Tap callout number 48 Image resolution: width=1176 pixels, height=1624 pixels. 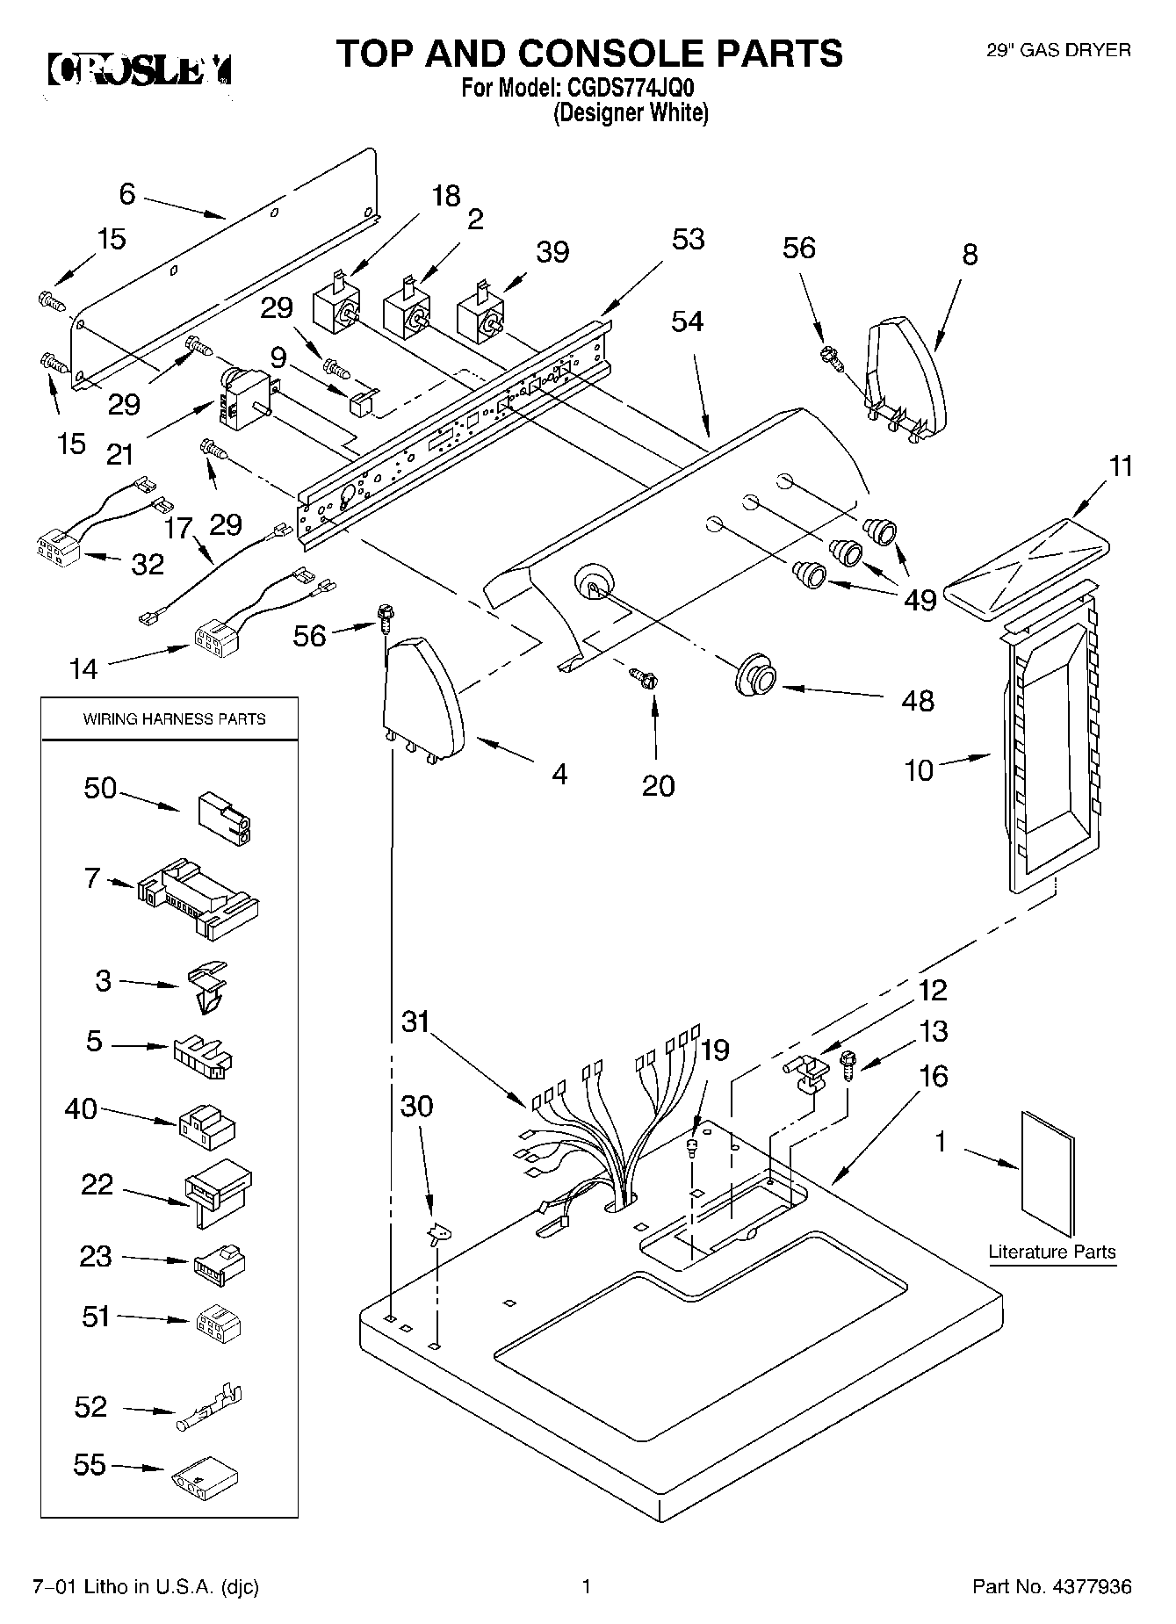[x=918, y=700]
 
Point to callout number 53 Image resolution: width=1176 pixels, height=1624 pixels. [x=688, y=239]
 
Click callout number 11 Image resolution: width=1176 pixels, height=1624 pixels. [x=1121, y=467]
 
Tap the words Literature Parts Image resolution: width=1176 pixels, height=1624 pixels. [x=1052, y=1252]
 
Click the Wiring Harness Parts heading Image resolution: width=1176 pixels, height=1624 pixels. [x=174, y=718]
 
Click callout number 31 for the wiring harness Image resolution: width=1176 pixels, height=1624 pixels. [x=416, y=1021]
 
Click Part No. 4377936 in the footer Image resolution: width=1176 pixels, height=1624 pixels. [x=1051, y=1587]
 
